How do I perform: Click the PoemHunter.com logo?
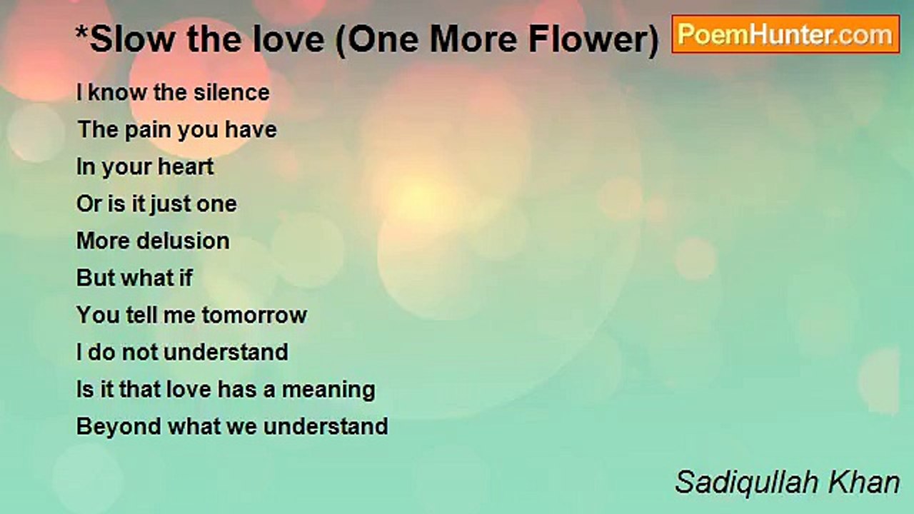tap(785, 34)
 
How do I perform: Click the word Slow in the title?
tap(133, 39)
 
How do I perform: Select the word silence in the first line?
tap(231, 93)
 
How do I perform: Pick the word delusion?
tap(183, 241)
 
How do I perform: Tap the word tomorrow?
tap(255, 316)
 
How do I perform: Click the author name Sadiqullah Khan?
tap(787, 483)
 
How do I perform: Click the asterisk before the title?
tap(81, 33)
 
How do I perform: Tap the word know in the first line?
tap(118, 93)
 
